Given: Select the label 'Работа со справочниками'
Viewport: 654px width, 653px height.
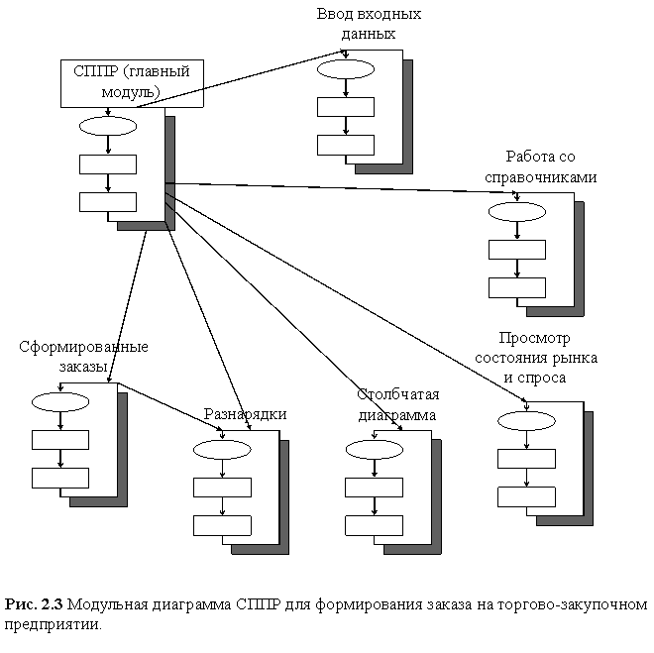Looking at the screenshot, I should [539, 168].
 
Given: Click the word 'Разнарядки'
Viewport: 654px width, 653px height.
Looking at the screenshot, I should [245, 414].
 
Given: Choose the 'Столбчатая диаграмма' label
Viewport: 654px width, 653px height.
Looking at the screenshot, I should [396, 405].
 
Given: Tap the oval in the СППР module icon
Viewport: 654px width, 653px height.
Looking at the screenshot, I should [112, 126].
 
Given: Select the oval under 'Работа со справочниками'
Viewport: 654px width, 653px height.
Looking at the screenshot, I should [521, 211].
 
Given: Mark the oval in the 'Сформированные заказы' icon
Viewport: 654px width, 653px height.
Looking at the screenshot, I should [64, 400].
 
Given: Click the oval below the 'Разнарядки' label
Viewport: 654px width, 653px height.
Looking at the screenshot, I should [227, 450].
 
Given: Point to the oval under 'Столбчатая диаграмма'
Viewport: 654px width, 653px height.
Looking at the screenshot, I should [379, 450].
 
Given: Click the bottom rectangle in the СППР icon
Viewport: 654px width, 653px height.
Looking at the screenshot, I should [112, 202].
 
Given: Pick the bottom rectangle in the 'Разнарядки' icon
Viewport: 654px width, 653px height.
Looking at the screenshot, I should [227, 525].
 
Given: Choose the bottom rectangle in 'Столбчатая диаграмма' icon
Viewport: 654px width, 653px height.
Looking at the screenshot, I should [379, 525].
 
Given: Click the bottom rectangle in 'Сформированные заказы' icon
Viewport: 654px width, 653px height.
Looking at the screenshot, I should [64, 477].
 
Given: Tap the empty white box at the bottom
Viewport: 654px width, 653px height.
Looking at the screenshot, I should [327, 617].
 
